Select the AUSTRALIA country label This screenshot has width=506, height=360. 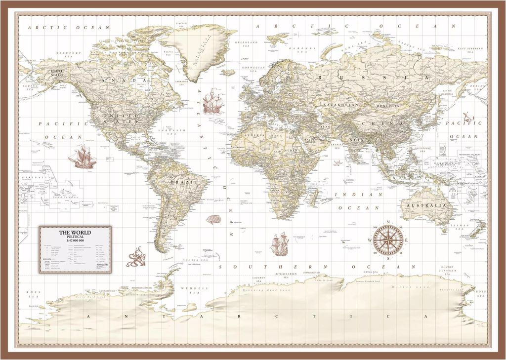[426, 205]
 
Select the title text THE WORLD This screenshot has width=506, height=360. [76, 232]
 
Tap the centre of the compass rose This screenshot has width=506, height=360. [388, 240]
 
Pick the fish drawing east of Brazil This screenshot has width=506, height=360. [213, 219]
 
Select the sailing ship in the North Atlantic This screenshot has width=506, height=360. [212, 101]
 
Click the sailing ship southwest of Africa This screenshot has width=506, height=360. [279, 244]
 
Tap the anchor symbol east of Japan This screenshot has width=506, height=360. [467, 118]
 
